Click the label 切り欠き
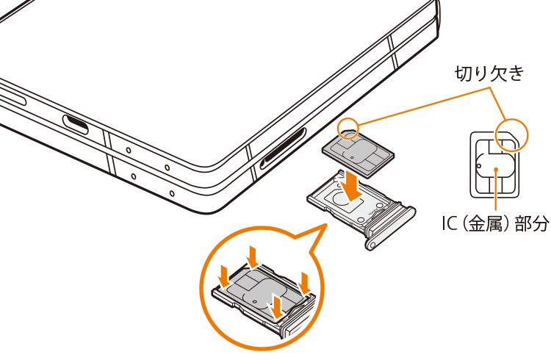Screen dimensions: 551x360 [489, 73]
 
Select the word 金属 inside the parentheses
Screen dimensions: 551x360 [486, 223]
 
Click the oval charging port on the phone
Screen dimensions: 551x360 [75, 123]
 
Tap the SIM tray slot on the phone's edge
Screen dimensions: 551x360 [283, 148]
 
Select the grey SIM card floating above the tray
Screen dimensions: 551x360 [358, 152]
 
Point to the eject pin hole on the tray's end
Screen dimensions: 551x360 [372, 244]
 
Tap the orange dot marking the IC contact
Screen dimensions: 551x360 [496, 170]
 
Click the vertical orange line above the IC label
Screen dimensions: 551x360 [496, 192]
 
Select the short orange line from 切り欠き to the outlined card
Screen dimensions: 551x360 [498, 104]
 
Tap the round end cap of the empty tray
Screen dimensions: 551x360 [372, 243]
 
